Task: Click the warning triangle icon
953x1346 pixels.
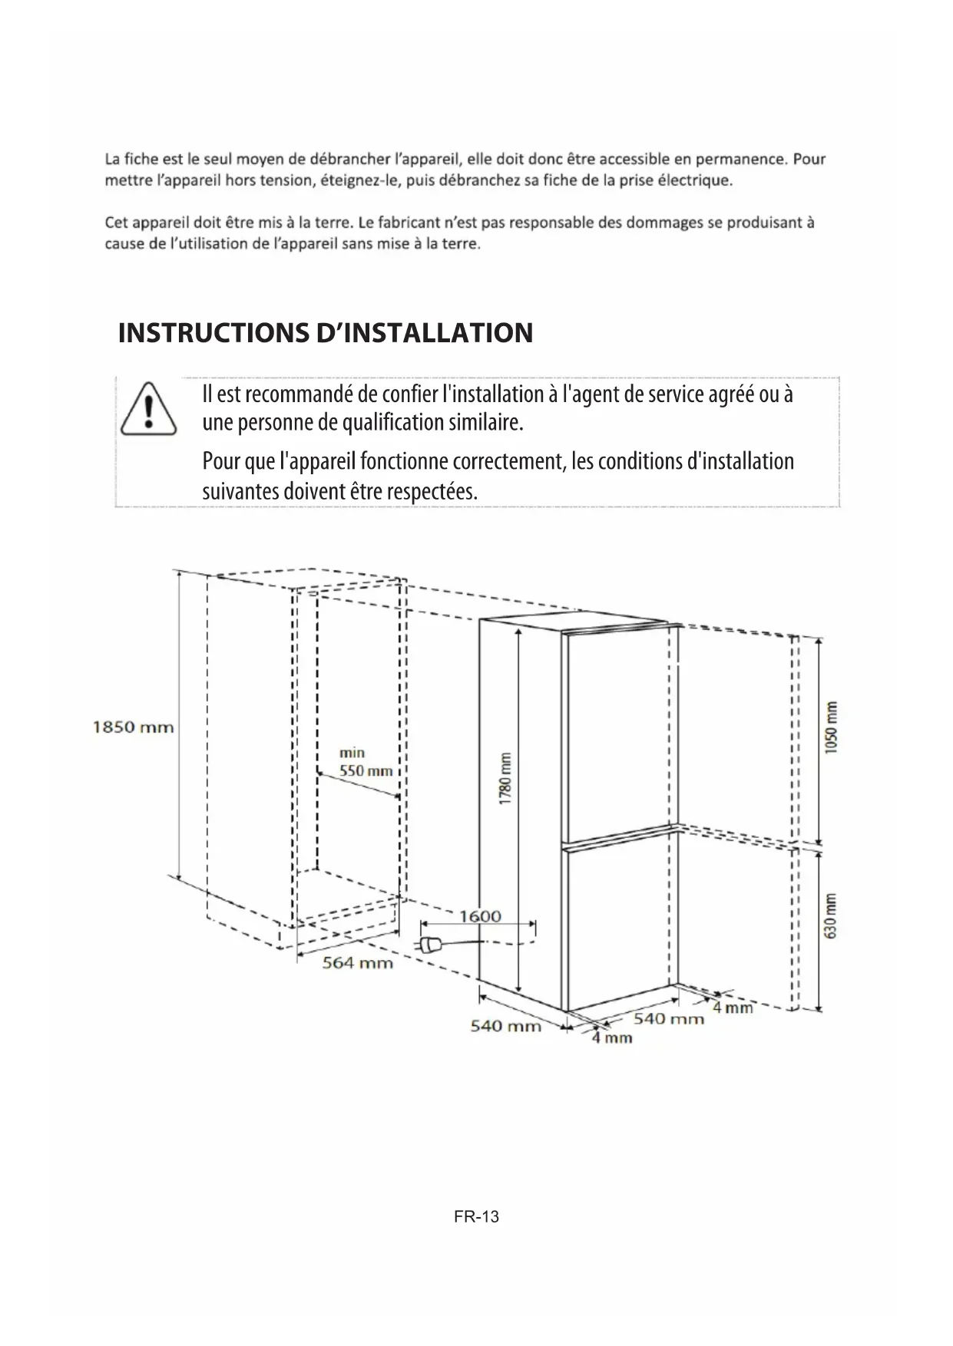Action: click(x=149, y=407)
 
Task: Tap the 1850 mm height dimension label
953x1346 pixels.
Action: click(x=133, y=727)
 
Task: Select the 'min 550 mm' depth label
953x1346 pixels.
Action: click(x=366, y=762)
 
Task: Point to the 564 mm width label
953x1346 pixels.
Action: click(x=357, y=962)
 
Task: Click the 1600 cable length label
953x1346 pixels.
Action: click(x=480, y=916)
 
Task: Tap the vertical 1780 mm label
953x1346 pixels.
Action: click(x=505, y=778)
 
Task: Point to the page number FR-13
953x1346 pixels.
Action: click(x=476, y=1216)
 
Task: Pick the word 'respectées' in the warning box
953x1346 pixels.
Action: click(x=432, y=491)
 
